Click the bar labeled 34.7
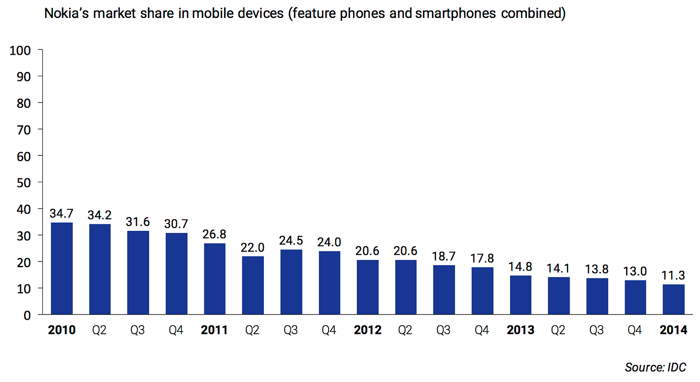coord(62,268)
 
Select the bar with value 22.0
coord(253,285)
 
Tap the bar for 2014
coord(673,299)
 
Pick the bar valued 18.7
coord(444,290)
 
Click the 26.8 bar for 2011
coord(214,279)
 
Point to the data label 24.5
coord(291,241)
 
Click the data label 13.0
coord(635,271)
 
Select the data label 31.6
coord(138,222)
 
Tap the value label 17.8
coord(482,258)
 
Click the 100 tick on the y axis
coord(20,50)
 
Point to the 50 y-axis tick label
coord(24,183)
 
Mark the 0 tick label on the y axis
coord(27,315)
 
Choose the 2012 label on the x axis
coord(367,330)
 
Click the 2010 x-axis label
coord(62,330)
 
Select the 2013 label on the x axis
coord(521,330)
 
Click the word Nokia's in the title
coord(66,14)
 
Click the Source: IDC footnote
coord(655,367)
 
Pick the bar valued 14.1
coord(559,296)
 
